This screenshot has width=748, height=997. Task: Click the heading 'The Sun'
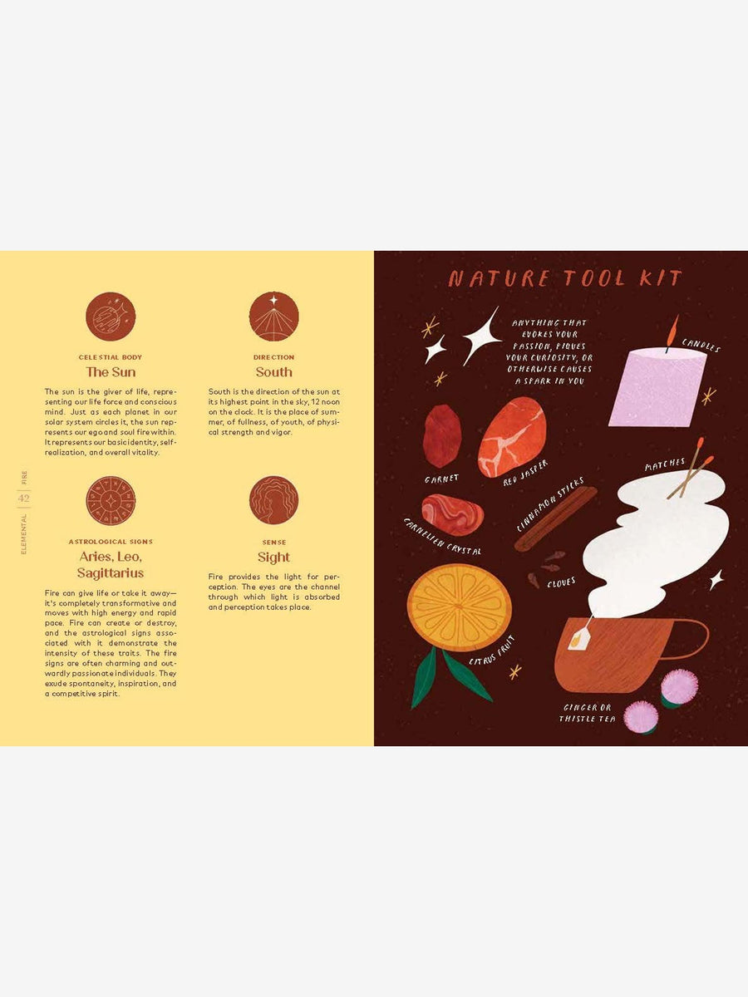tap(111, 372)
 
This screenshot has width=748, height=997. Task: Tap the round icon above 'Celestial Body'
tap(111, 317)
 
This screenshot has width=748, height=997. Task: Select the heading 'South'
tap(273, 372)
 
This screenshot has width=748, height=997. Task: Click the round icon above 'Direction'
tap(273, 317)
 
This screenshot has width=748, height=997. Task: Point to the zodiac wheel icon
tap(111, 500)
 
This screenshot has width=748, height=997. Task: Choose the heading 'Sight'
tap(273, 557)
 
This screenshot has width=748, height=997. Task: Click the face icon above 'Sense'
tap(273, 500)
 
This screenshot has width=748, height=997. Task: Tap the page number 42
tap(23, 498)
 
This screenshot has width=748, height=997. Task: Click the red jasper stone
tap(511, 436)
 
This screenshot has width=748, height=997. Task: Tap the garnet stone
tap(442, 436)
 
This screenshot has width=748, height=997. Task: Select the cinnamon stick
tap(554, 520)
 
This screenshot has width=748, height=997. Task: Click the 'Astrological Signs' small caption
tap(111, 542)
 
